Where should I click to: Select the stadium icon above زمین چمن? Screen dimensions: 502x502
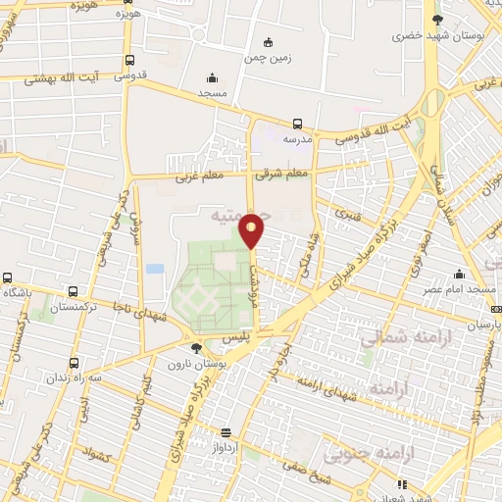click(x=269, y=42)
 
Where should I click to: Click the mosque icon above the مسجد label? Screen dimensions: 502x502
click(x=212, y=78)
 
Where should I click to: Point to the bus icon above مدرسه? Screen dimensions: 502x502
click(x=297, y=124)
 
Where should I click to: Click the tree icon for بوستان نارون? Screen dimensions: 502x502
click(x=196, y=348)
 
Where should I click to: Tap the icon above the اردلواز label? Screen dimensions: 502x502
click(x=226, y=431)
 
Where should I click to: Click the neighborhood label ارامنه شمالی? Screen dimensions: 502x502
click(x=397, y=340)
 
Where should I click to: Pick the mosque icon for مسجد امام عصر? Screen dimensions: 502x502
click(x=458, y=275)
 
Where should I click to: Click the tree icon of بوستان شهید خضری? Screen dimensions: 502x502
click(x=438, y=20)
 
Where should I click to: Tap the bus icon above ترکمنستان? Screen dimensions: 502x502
click(x=74, y=292)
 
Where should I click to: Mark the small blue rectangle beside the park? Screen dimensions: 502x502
click(x=154, y=268)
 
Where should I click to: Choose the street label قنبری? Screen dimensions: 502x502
click(x=347, y=212)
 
